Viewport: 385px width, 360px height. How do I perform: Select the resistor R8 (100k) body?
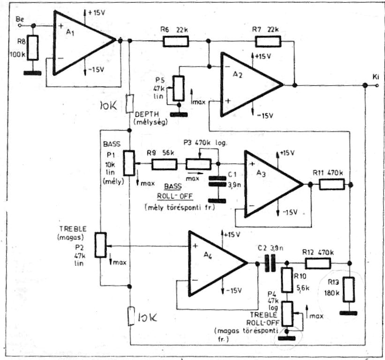click(x=33, y=48)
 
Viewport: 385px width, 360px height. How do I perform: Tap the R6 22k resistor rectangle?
click(x=176, y=41)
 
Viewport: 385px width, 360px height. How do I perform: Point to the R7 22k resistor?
click(x=268, y=41)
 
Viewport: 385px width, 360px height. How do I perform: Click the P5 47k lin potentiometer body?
click(x=179, y=88)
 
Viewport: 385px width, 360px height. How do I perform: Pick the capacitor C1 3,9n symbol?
click(x=217, y=181)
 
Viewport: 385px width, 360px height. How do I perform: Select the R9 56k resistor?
click(x=165, y=165)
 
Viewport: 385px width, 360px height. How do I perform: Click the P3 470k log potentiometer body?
click(x=198, y=165)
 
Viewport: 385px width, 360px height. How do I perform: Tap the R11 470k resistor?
click(x=332, y=184)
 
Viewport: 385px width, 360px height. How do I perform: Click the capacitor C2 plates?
click(x=270, y=263)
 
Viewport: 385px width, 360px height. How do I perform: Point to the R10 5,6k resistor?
click(x=287, y=280)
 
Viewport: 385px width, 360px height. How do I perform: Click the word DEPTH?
click(x=147, y=114)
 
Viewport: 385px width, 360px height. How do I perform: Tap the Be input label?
click(x=20, y=19)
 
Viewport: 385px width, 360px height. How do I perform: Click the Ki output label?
click(x=376, y=77)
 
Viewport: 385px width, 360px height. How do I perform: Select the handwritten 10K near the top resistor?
click(x=108, y=105)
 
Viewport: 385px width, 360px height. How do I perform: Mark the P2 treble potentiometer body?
click(x=101, y=245)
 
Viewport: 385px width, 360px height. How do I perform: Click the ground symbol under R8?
click(x=32, y=73)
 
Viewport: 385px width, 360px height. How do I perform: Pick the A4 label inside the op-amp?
click(x=208, y=255)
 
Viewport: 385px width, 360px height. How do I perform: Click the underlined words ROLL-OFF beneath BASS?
click(x=175, y=196)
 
